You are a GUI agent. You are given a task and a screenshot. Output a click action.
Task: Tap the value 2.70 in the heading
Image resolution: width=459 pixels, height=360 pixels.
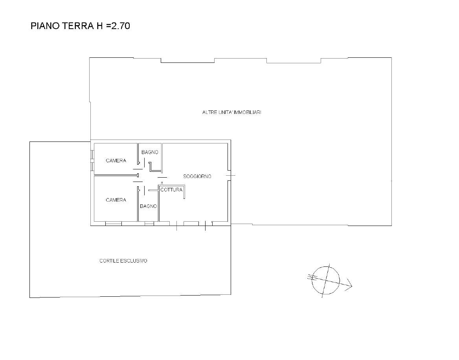121,26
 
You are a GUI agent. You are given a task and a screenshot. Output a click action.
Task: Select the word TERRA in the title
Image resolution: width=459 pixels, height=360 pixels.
78,26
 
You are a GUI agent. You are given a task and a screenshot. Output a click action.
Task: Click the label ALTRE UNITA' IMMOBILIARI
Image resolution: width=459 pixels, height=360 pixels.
231,112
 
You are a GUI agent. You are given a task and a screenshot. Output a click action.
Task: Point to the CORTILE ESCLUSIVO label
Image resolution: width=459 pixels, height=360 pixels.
123,261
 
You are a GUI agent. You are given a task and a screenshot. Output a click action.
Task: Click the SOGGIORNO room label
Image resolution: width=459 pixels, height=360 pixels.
197,176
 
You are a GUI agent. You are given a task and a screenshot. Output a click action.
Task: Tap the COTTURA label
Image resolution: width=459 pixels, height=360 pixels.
171,190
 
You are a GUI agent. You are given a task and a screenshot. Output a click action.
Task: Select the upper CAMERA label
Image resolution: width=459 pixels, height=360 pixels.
116,160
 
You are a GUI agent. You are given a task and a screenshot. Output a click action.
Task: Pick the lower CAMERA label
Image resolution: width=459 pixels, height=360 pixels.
116,200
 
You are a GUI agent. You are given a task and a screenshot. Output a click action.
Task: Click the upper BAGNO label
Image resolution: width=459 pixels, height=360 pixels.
150,152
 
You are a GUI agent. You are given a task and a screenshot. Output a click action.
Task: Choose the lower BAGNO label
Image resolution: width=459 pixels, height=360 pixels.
149,206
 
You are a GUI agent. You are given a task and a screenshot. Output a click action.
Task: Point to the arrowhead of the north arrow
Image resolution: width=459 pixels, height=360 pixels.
349,286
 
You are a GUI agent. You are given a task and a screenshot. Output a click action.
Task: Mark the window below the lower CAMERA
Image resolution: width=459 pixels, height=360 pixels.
114,224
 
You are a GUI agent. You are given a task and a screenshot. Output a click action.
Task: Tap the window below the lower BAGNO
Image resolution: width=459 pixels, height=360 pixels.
149,224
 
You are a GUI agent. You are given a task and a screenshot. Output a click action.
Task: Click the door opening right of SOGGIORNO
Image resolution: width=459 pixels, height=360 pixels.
229,175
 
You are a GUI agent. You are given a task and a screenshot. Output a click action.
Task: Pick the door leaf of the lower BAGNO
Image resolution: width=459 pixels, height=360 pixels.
144,190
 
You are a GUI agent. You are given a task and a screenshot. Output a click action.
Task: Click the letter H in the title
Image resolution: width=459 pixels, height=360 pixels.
99,26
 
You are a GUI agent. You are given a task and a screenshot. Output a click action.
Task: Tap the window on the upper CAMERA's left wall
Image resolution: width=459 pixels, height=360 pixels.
92,161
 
